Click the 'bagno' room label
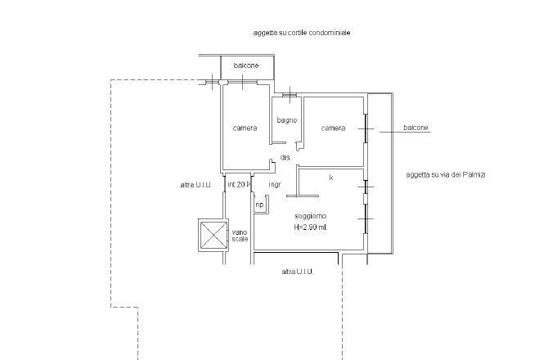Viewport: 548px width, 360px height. (x=287, y=120)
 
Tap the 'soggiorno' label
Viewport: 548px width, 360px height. (x=311, y=216)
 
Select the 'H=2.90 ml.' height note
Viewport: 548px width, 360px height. (x=311, y=227)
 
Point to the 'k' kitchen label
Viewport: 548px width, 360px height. (x=331, y=178)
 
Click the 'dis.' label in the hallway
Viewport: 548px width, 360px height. (x=285, y=158)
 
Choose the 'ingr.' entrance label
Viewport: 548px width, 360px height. (x=275, y=185)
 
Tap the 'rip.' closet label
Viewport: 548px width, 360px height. (x=259, y=205)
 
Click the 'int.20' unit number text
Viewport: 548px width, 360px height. (x=236, y=185)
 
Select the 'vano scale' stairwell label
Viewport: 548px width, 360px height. (x=240, y=236)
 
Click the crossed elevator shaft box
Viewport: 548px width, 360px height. (x=213, y=235)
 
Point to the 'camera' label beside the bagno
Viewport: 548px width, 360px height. (x=245, y=128)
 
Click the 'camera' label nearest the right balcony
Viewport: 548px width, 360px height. (x=333, y=128)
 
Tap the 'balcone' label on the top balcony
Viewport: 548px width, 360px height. (x=246, y=65)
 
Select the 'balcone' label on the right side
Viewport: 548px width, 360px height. (x=415, y=128)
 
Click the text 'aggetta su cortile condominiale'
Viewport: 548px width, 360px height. (x=302, y=33)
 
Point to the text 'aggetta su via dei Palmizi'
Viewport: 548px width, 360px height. (x=446, y=175)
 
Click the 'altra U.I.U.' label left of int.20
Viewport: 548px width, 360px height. (x=195, y=185)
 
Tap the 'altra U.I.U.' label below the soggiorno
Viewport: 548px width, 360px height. (x=298, y=272)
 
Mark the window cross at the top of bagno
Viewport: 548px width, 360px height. (x=290, y=95)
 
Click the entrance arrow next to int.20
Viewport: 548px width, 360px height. (x=249, y=184)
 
